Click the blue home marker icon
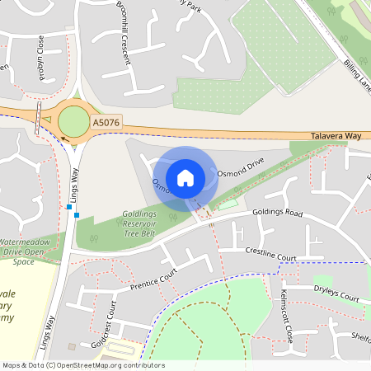click(x=185, y=177)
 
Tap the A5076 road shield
click(x=106, y=123)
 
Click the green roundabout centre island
click(x=73, y=121)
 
